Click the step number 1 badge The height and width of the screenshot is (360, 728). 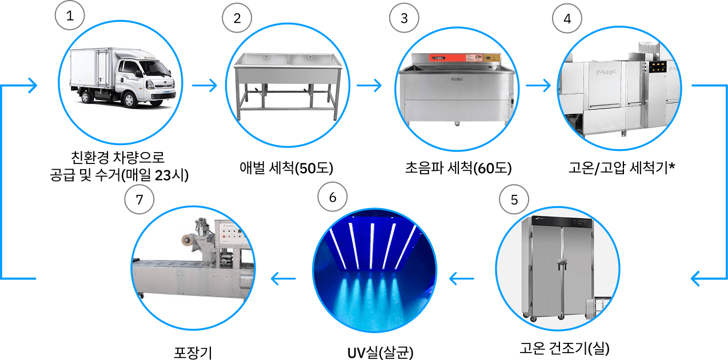coord(70,17)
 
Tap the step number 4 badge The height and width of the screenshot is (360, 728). coord(567,18)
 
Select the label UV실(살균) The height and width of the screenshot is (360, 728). coord(380,350)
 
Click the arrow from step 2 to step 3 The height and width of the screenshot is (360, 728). coord(369,86)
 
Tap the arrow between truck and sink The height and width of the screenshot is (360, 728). coord(205,86)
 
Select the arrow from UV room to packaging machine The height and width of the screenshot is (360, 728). coord(283,279)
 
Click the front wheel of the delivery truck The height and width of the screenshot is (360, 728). coord(130,100)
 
